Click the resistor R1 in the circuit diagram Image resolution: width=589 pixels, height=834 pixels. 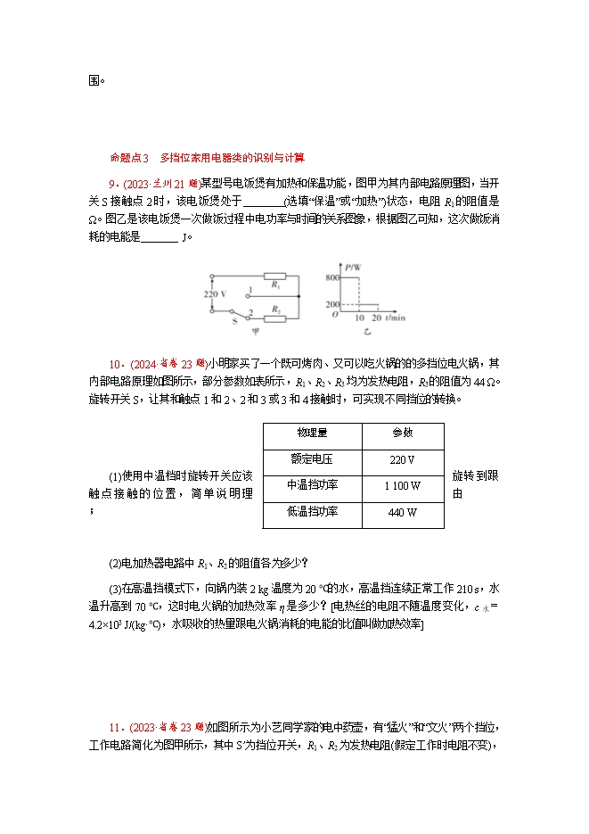(x=274, y=277)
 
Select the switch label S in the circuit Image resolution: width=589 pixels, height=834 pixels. (x=234, y=319)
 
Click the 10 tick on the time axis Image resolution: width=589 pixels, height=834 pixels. (x=360, y=318)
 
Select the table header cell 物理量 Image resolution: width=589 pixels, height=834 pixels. (x=312, y=433)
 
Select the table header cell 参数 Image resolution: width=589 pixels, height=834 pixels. (x=403, y=433)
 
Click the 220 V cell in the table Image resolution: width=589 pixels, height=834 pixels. (x=403, y=459)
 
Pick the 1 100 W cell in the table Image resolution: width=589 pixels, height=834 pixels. (x=403, y=486)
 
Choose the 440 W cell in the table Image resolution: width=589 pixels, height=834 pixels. (x=403, y=513)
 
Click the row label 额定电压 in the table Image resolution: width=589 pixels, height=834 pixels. (x=312, y=459)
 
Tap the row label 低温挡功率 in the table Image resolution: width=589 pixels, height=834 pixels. (x=312, y=513)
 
